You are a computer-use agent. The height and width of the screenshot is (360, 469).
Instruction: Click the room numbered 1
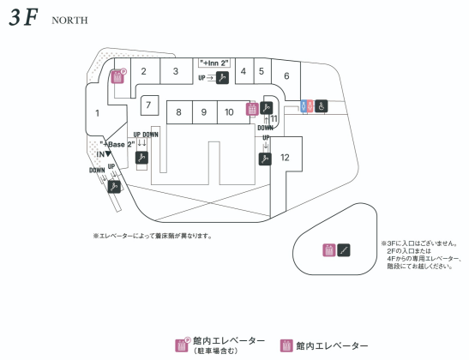[x=97, y=113]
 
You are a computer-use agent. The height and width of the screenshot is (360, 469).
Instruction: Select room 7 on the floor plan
[x=149, y=105]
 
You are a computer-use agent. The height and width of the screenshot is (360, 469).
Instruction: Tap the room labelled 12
[x=285, y=157]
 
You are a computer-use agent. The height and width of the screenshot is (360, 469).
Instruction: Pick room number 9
[x=204, y=112]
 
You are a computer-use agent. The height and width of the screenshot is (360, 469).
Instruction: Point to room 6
[x=286, y=76]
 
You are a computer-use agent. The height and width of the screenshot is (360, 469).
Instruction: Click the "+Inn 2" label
[x=214, y=63]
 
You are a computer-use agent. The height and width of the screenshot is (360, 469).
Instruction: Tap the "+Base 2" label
[x=117, y=144]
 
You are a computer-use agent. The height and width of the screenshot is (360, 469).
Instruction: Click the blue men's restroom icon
[x=304, y=105]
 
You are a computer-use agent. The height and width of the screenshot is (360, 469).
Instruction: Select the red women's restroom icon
[x=310, y=105]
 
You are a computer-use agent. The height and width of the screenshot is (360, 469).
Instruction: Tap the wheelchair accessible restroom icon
[x=321, y=105]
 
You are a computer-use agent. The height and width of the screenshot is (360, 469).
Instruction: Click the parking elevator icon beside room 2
[x=118, y=76]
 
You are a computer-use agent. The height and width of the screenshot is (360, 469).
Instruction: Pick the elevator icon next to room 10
[x=252, y=109]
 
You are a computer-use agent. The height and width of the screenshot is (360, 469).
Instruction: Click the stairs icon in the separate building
[x=344, y=250]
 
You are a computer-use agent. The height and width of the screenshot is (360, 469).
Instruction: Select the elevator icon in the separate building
[x=329, y=250]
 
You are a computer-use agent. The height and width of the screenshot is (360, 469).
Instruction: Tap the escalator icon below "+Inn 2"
[x=222, y=78]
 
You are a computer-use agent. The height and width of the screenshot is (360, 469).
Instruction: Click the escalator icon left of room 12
[x=265, y=159]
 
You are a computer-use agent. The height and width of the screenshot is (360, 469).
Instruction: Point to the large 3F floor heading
[x=24, y=17]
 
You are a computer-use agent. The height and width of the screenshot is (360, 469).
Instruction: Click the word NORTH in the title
[x=69, y=21]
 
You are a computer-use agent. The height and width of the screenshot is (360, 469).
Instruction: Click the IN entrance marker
[x=104, y=154]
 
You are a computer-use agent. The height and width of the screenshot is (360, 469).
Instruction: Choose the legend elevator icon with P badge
[x=183, y=345]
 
